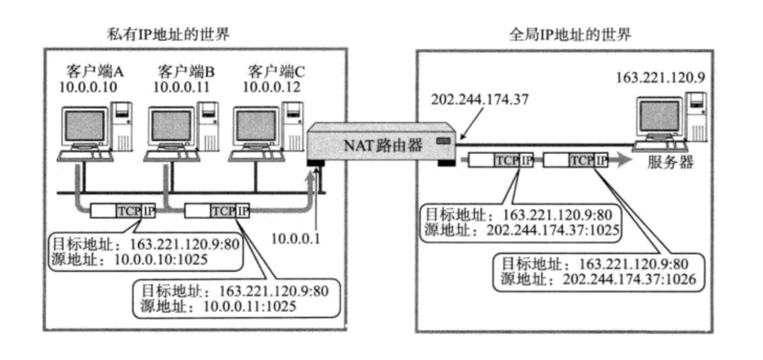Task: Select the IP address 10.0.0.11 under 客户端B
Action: [183, 87]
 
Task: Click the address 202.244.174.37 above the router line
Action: [476, 99]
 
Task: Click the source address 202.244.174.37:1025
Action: [553, 230]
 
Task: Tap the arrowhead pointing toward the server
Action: [622, 161]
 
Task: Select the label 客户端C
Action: [276, 72]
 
